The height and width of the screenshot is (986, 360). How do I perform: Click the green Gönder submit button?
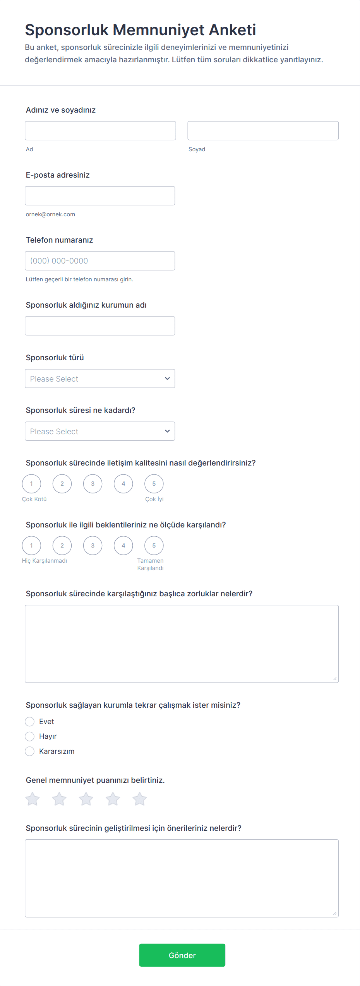pyautogui.click(x=182, y=955)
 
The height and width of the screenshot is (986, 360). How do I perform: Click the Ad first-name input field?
pyautogui.click(x=100, y=130)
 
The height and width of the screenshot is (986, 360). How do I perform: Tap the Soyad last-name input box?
pyautogui.click(x=263, y=130)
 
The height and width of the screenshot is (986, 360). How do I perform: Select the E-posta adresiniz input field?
pyautogui.click(x=100, y=195)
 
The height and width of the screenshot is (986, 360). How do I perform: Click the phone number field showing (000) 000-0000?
pyautogui.click(x=100, y=260)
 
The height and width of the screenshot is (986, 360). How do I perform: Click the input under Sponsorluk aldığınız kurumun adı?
pyautogui.click(x=100, y=325)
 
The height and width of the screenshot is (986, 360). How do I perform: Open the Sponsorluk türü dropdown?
pyautogui.click(x=100, y=378)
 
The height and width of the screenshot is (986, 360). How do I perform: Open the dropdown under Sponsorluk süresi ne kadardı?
pyautogui.click(x=100, y=431)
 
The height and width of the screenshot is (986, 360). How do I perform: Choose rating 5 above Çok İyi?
pyautogui.click(x=154, y=483)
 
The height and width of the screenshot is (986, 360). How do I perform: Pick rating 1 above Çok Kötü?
pyautogui.click(x=32, y=483)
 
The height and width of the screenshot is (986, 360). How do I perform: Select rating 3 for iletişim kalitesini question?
pyautogui.click(x=93, y=483)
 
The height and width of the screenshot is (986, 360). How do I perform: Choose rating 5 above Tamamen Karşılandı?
pyautogui.click(x=154, y=545)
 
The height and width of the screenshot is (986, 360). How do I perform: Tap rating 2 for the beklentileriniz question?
pyautogui.click(x=62, y=545)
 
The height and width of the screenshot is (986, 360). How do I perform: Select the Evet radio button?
pyautogui.click(x=30, y=721)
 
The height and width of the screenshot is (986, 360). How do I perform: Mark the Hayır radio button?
pyautogui.click(x=30, y=736)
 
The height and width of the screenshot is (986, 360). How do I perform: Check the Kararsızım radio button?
pyautogui.click(x=30, y=751)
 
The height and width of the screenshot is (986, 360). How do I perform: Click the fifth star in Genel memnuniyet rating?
pyautogui.click(x=140, y=799)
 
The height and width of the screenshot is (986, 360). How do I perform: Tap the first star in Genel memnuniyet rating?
pyautogui.click(x=33, y=799)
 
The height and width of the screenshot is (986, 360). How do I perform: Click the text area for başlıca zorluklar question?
pyautogui.click(x=182, y=644)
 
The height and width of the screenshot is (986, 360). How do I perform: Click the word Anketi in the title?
pyautogui.click(x=232, y=30)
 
